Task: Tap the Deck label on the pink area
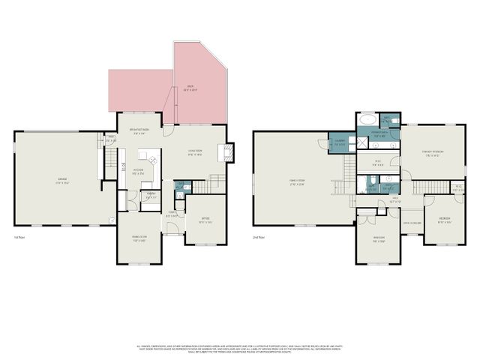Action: (x=190, y=88)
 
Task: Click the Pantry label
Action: (x=151, y=195)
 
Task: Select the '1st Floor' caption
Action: (x=21, y=237)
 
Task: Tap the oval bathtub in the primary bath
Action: (x=368, y=119)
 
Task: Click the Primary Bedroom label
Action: (x=432, y=153)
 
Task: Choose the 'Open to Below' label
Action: (x=412, y=223)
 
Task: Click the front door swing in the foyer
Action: (x=172, y=228)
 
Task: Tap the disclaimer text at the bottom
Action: (x=240, y=349)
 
